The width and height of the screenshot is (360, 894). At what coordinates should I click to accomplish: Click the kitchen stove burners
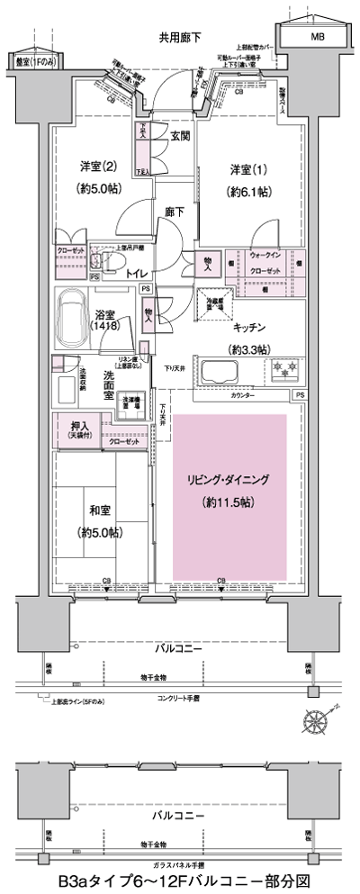[x=287, y=370]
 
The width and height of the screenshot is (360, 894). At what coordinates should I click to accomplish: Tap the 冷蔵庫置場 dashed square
[x=214, y=304]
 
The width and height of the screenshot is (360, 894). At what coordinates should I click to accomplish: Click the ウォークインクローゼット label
[x=267, y=263]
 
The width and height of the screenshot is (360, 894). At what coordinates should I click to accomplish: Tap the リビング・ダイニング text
[x=229, y=479]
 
